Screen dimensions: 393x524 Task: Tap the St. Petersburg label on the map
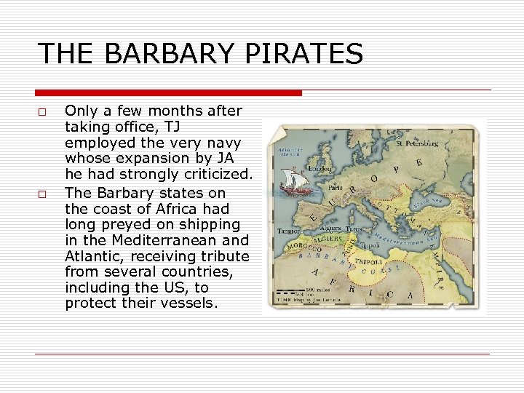click(418, 144)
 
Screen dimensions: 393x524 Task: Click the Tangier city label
click(288, 231)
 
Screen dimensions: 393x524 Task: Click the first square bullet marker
click(43, 112)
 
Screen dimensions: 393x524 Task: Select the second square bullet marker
click(43, 194)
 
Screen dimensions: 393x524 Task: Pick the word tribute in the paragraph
click(222, 255)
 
